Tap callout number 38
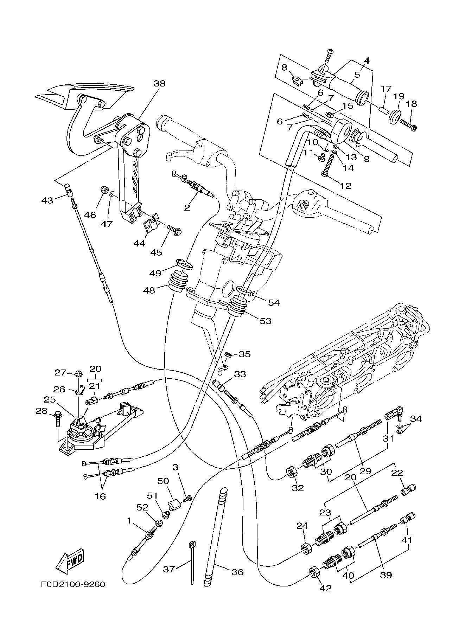coord(159,83)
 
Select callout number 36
coord(237,572)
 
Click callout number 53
coord(266,321)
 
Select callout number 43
coord(47,200)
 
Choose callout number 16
coord(100,496)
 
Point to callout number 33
coord(240,374)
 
